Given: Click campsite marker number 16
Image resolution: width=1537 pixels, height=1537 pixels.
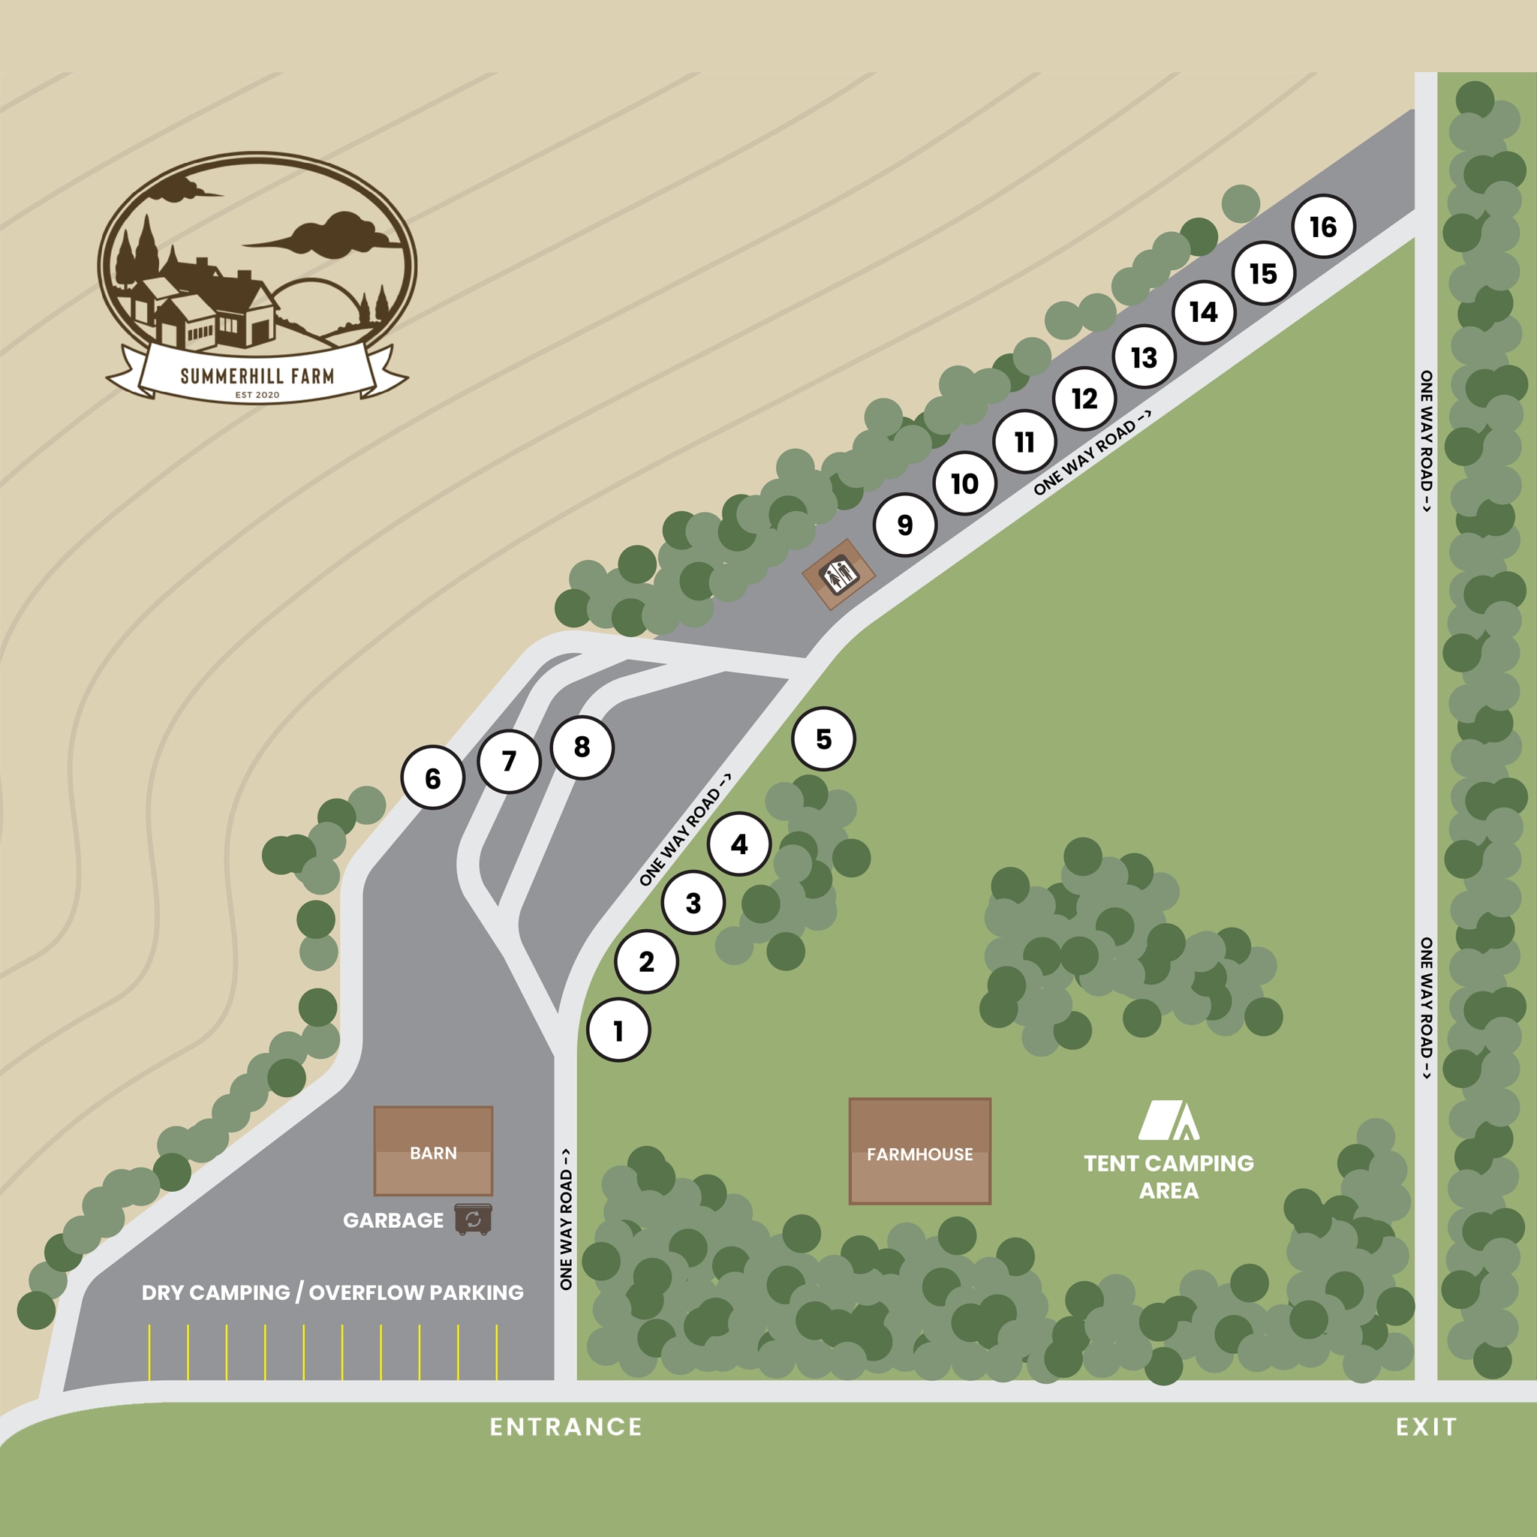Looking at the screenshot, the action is [x=1323, y=227].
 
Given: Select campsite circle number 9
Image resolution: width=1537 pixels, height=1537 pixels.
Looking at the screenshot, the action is [x=904, y=525].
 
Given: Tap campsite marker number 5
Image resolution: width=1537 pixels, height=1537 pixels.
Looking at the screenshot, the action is [x=823, y=739].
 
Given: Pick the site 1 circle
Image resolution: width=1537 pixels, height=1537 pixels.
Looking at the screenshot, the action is [x=618, y=1031].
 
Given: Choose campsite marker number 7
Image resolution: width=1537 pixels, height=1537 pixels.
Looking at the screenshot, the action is [x=509, y=761].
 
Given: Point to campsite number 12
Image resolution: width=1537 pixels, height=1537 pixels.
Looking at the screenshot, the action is [x=1084, y=399].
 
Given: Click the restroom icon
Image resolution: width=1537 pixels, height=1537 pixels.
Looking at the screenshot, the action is [x=838, y=573].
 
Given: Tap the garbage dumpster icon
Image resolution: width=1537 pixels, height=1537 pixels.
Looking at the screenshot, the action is [x=474, y=1219].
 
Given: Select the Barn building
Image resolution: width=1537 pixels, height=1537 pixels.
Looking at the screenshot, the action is [x=434, y=1151].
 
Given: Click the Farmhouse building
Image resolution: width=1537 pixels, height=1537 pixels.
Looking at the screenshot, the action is [x=919, y=1151].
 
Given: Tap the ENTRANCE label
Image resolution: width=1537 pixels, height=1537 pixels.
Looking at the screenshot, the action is [x=566, y=1427].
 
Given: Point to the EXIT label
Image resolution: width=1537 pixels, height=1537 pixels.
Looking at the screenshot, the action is [x=1427, y=1427].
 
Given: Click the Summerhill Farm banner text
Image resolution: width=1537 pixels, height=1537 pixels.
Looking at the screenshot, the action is [x=257, y=375].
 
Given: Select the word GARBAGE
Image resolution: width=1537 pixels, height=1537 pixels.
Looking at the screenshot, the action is [x=393, y=1220].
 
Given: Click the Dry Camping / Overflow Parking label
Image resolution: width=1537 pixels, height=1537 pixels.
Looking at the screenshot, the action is [x=332, y=1293].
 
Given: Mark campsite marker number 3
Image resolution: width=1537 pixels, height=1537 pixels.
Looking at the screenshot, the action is [x=693, y=903].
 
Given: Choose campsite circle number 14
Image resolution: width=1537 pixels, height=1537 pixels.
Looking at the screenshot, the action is [x=1204, y=312].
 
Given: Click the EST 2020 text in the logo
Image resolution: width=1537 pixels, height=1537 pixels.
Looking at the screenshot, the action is [x=257, y=395].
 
